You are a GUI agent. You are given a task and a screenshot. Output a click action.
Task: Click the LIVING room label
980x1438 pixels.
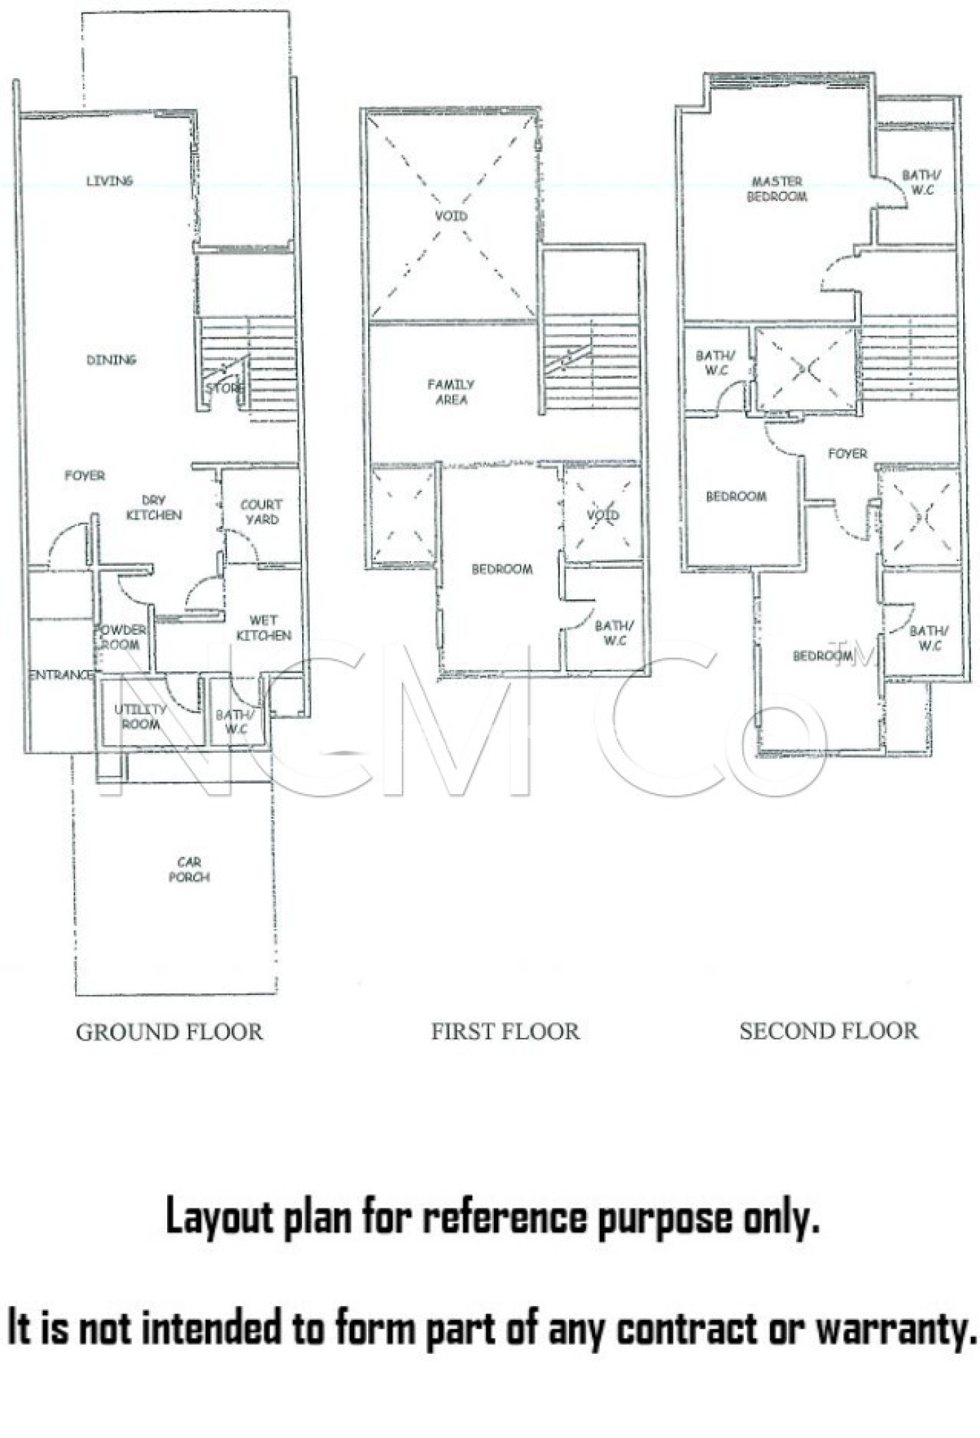click(x=110, y=180)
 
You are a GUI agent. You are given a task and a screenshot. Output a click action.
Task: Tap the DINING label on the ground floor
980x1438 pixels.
click(x=111, y=359)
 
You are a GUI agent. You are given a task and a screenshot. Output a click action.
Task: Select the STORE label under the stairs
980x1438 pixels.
click(x=224, y=387)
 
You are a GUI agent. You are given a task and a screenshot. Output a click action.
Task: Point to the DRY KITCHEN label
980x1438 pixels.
click(x=154, y=508)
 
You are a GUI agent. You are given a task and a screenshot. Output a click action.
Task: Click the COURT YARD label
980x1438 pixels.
click(x=261, y=512)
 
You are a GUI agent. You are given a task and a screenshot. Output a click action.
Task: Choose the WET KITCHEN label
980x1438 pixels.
click(x=263, y=628)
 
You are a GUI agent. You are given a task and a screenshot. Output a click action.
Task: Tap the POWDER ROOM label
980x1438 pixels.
click(x=121, y=637)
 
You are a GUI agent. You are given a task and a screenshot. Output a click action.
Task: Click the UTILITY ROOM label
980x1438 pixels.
click(x=141, y=716)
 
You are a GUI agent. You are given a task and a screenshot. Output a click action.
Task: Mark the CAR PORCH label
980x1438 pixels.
click(x=189, y=869)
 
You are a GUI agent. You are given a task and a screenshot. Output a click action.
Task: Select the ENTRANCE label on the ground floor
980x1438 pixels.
click(x=60, y=675)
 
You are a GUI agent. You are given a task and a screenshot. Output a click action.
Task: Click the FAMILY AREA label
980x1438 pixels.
click(x=451, y=392)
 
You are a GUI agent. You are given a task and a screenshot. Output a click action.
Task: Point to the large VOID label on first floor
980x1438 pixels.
click(x=451, y=216)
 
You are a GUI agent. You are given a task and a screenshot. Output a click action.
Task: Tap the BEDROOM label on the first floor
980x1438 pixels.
click(x=502, y=569)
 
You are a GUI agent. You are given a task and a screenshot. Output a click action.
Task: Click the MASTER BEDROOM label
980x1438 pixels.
click(x=777, y=189)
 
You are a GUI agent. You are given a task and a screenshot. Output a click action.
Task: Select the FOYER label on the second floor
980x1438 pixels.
click(x=847, y=454)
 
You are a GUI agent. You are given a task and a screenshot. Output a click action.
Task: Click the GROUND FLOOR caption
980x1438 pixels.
click(x=169, y=1032)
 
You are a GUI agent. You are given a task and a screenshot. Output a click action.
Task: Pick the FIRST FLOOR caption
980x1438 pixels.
click(x=506, y=1031)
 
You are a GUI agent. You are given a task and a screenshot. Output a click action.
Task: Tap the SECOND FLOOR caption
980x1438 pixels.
click(x=829, y=1031)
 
